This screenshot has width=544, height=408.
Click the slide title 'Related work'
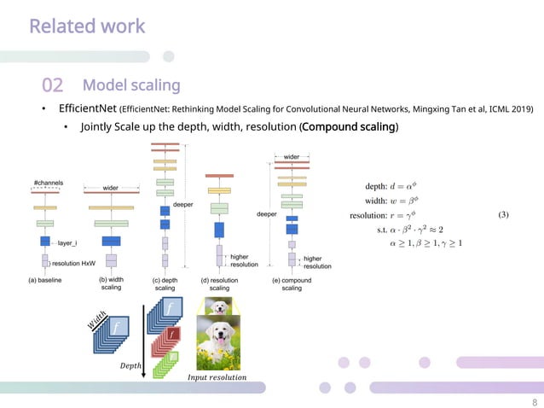[87, 26]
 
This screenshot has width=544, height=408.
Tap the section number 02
[53, 85]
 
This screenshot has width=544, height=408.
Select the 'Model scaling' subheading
[131, 85]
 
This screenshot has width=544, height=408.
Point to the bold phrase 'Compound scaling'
[349, 128]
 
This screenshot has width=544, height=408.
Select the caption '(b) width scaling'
[111, 283]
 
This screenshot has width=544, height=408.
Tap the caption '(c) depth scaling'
[164, 283]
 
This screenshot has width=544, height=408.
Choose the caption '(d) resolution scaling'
[219, 283]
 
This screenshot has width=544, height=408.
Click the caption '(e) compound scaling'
[292, 283]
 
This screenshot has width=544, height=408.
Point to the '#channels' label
[48, 184]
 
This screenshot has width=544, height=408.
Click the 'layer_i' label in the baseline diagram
[67, 242]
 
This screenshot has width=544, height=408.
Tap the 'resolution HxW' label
[72, 263]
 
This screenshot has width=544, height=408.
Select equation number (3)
[503, 215]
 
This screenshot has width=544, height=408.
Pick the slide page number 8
[534, 401]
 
